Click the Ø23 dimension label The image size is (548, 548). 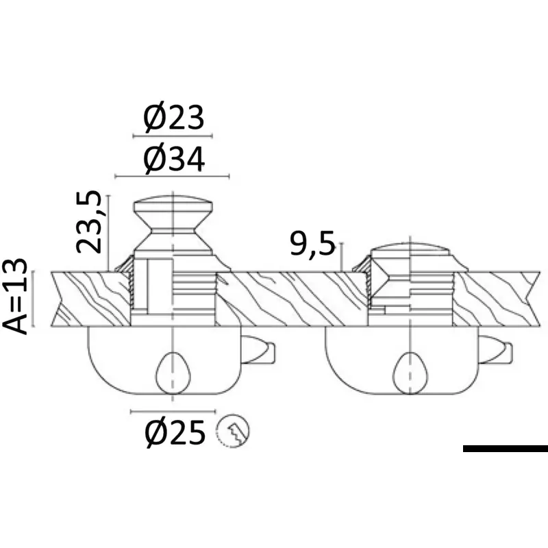point(174,117)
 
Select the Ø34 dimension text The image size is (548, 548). point(175,160)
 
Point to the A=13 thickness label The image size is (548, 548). point(14,297)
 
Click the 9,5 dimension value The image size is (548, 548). point(312,243)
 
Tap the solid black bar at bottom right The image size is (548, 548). point(506,449)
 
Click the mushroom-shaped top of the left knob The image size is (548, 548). point(173,208)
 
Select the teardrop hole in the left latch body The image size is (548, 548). point(173,373)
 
